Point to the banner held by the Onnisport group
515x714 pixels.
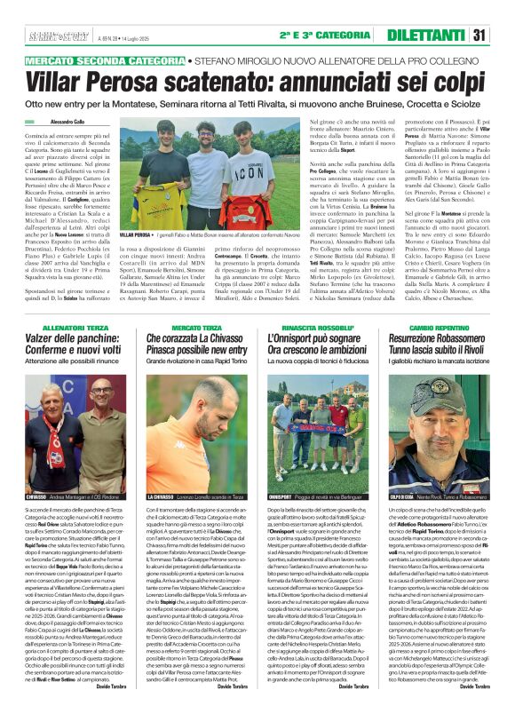pyautogui.click(x=315, y=457)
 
